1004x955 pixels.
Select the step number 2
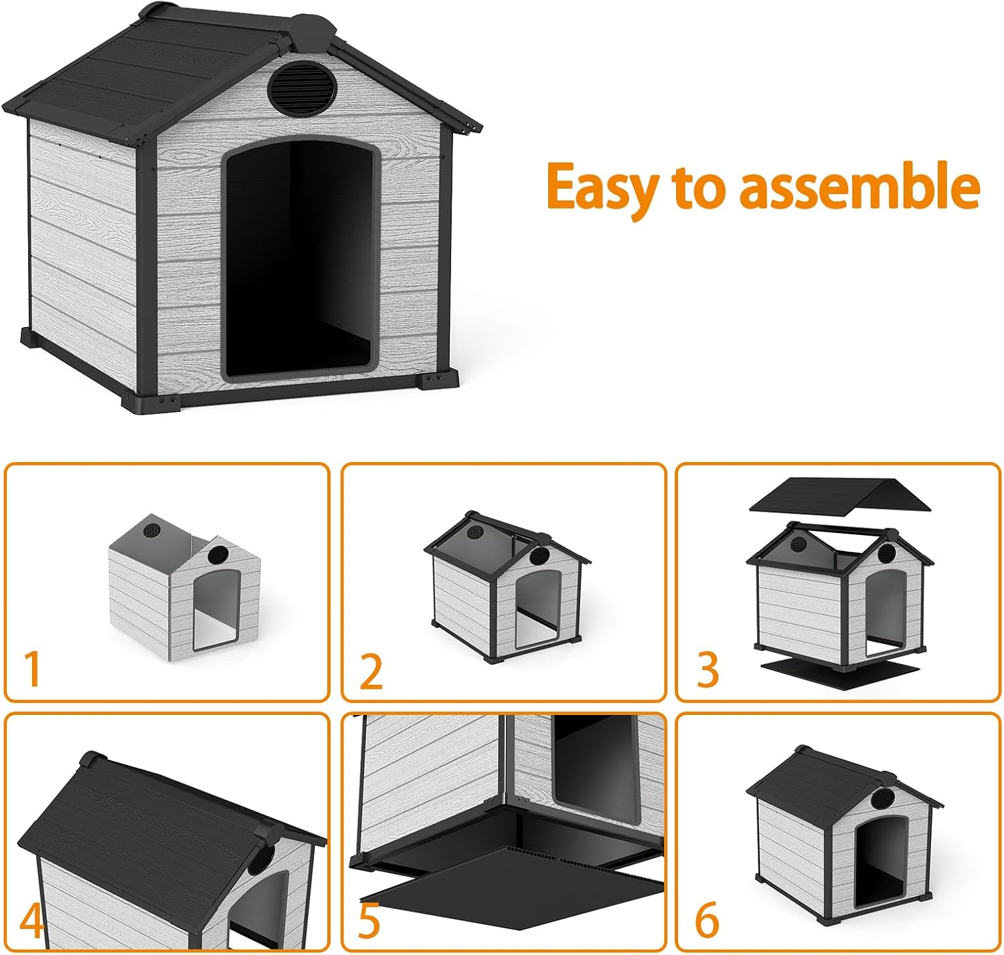[371, 672]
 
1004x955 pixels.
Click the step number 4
[31, 920]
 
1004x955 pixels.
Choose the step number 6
[707, 920]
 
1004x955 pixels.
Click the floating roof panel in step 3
[839, 496]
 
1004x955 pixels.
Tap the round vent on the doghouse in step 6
[885, 798]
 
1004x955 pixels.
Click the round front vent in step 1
[218, 554]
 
